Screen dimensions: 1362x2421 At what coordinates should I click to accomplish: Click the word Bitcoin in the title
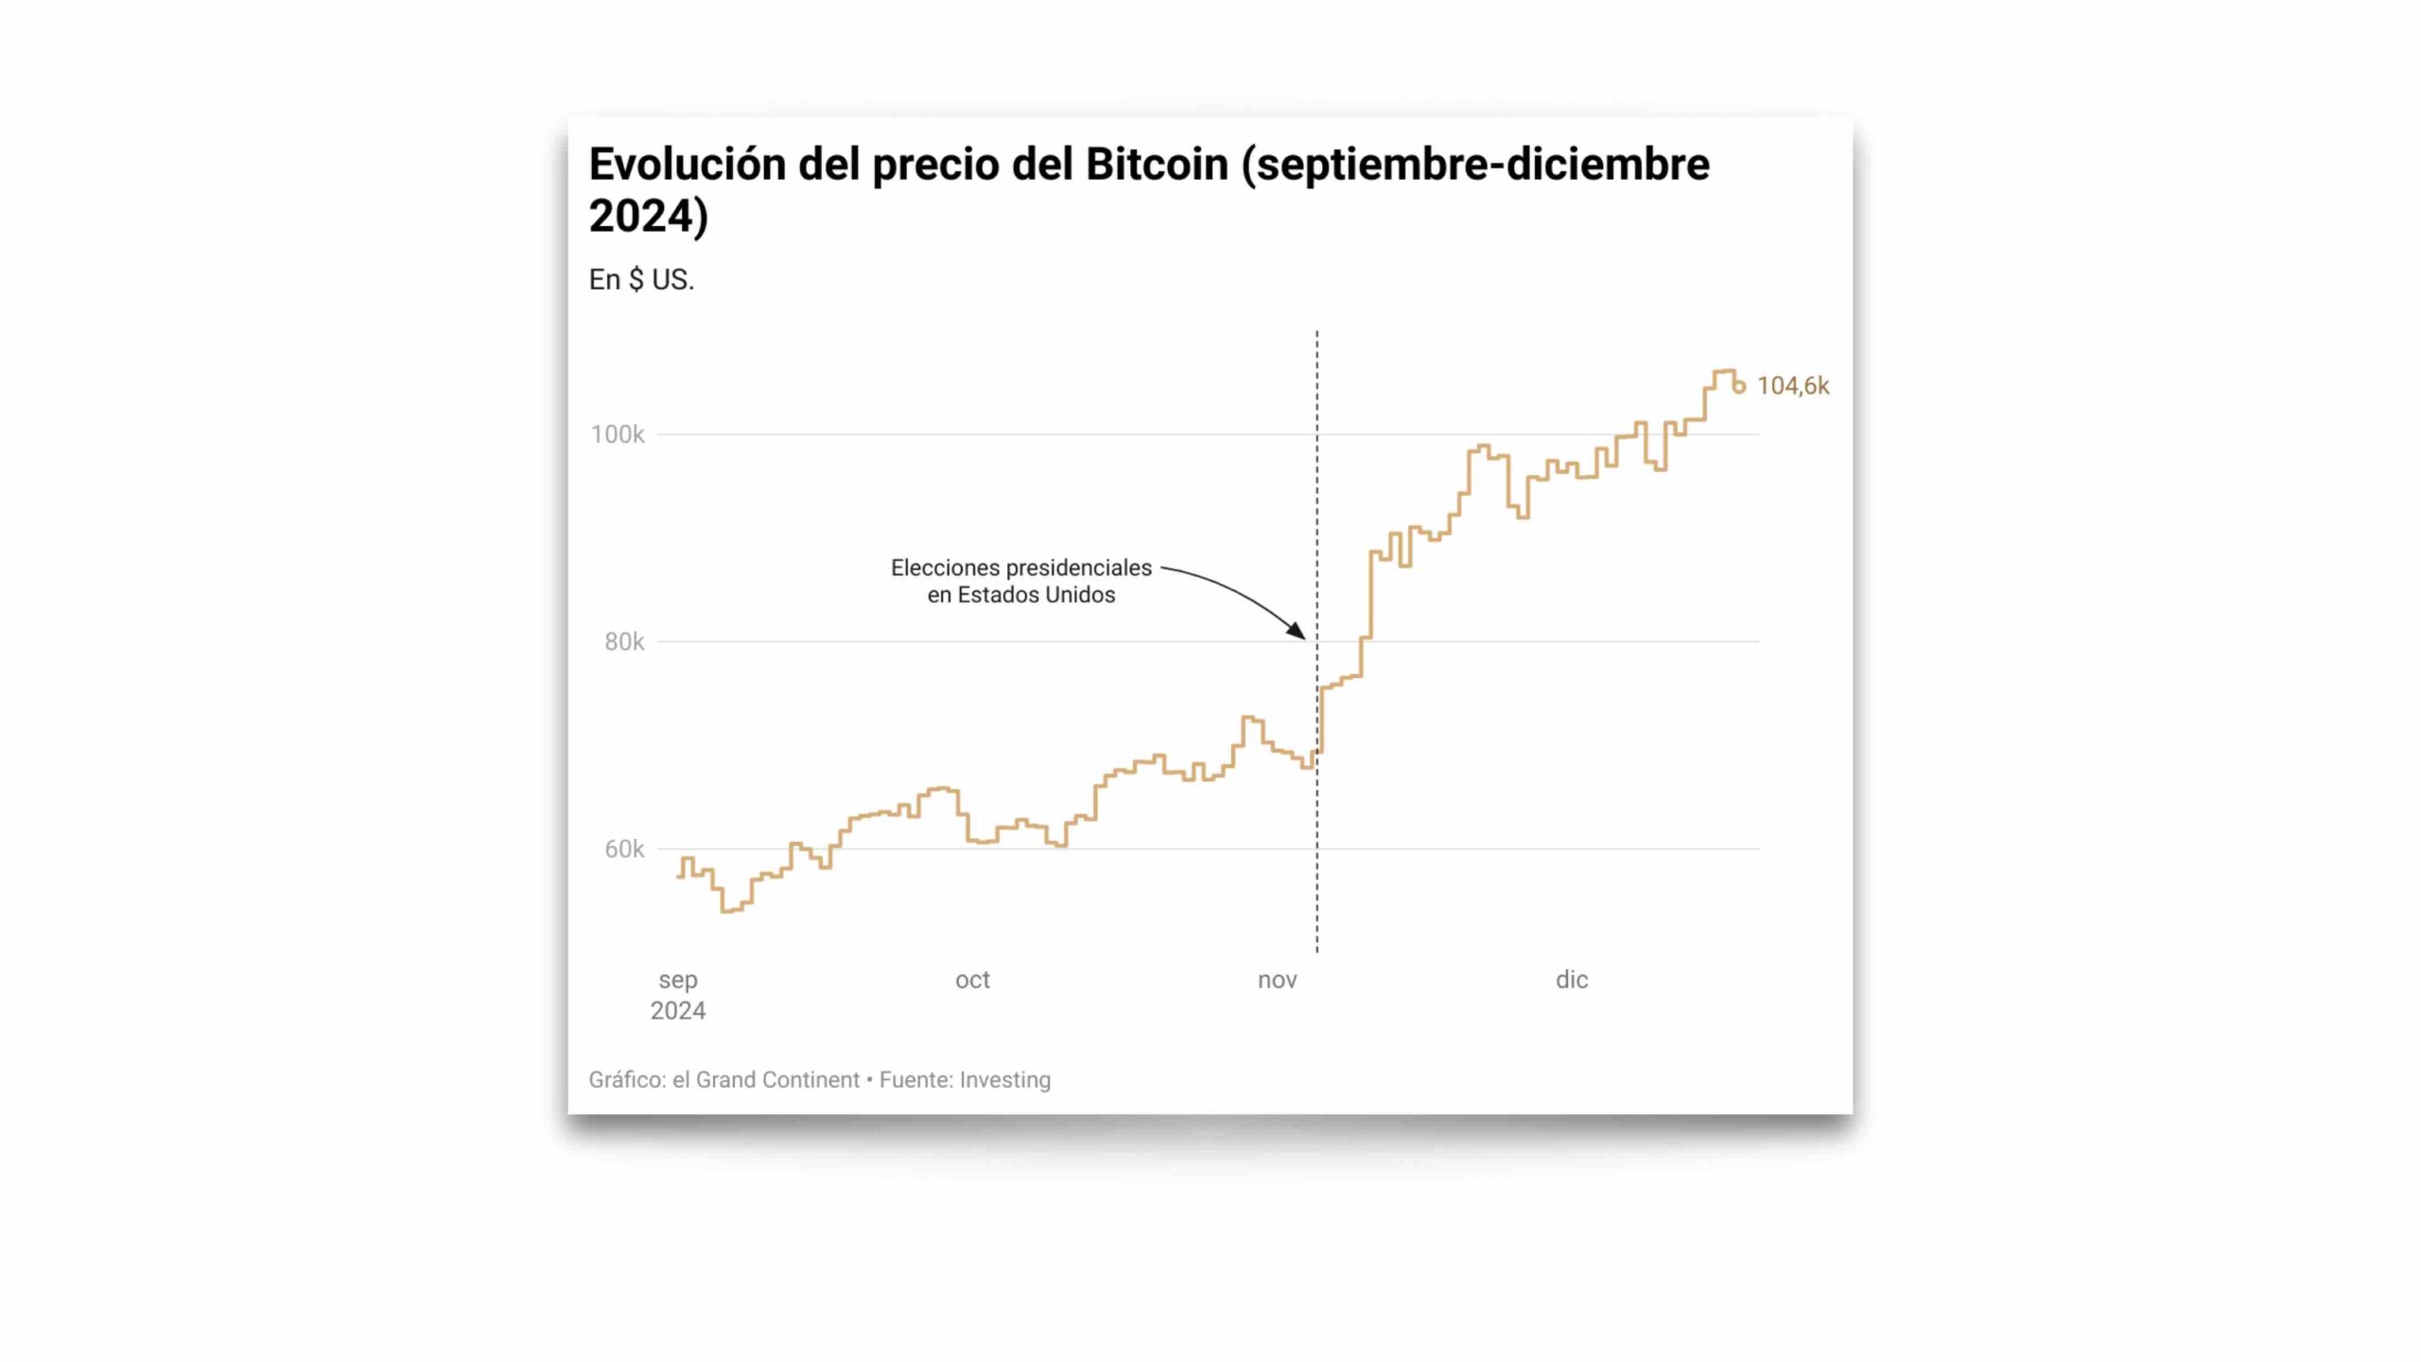[x=1156, y=165]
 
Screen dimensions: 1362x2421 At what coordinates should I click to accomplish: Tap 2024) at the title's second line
[x=649, y=216]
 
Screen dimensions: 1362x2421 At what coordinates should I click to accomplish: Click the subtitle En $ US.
[x=641, y=280]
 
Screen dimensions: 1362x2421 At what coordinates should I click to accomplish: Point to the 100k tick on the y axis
[x=617, y=435]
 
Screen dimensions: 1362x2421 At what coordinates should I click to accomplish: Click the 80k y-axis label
[x=624, y=642]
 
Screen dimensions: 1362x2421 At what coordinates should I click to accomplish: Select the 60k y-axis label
[x=624, y=849]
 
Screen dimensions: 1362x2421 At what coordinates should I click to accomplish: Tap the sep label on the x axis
[x=678, y=980]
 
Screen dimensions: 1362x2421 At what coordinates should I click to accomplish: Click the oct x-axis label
[x=972, y=980]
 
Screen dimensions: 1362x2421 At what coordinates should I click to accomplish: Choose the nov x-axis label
[x=1277, y=980]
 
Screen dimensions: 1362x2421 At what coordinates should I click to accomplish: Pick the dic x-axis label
[x=1572, y=980]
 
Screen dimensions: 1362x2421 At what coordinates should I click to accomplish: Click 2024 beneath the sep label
[x=678, y=1011]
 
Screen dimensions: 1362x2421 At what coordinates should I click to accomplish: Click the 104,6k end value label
[x=1792, y=386]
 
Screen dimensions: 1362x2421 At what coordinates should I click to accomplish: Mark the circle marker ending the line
[x=1738, y=387]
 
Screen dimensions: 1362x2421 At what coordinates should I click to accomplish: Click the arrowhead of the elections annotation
[x=1298, y=632]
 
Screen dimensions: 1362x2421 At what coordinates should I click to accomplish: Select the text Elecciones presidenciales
[x=1021, y=567]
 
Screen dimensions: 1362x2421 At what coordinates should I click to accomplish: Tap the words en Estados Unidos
[x=1021, y=595]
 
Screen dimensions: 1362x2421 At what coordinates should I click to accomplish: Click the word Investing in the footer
[x=1004, y=1080]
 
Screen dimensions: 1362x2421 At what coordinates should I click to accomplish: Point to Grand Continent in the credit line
[x=777, y=1080]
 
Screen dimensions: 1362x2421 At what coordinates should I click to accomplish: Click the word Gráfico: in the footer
[x=627, y=1080]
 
